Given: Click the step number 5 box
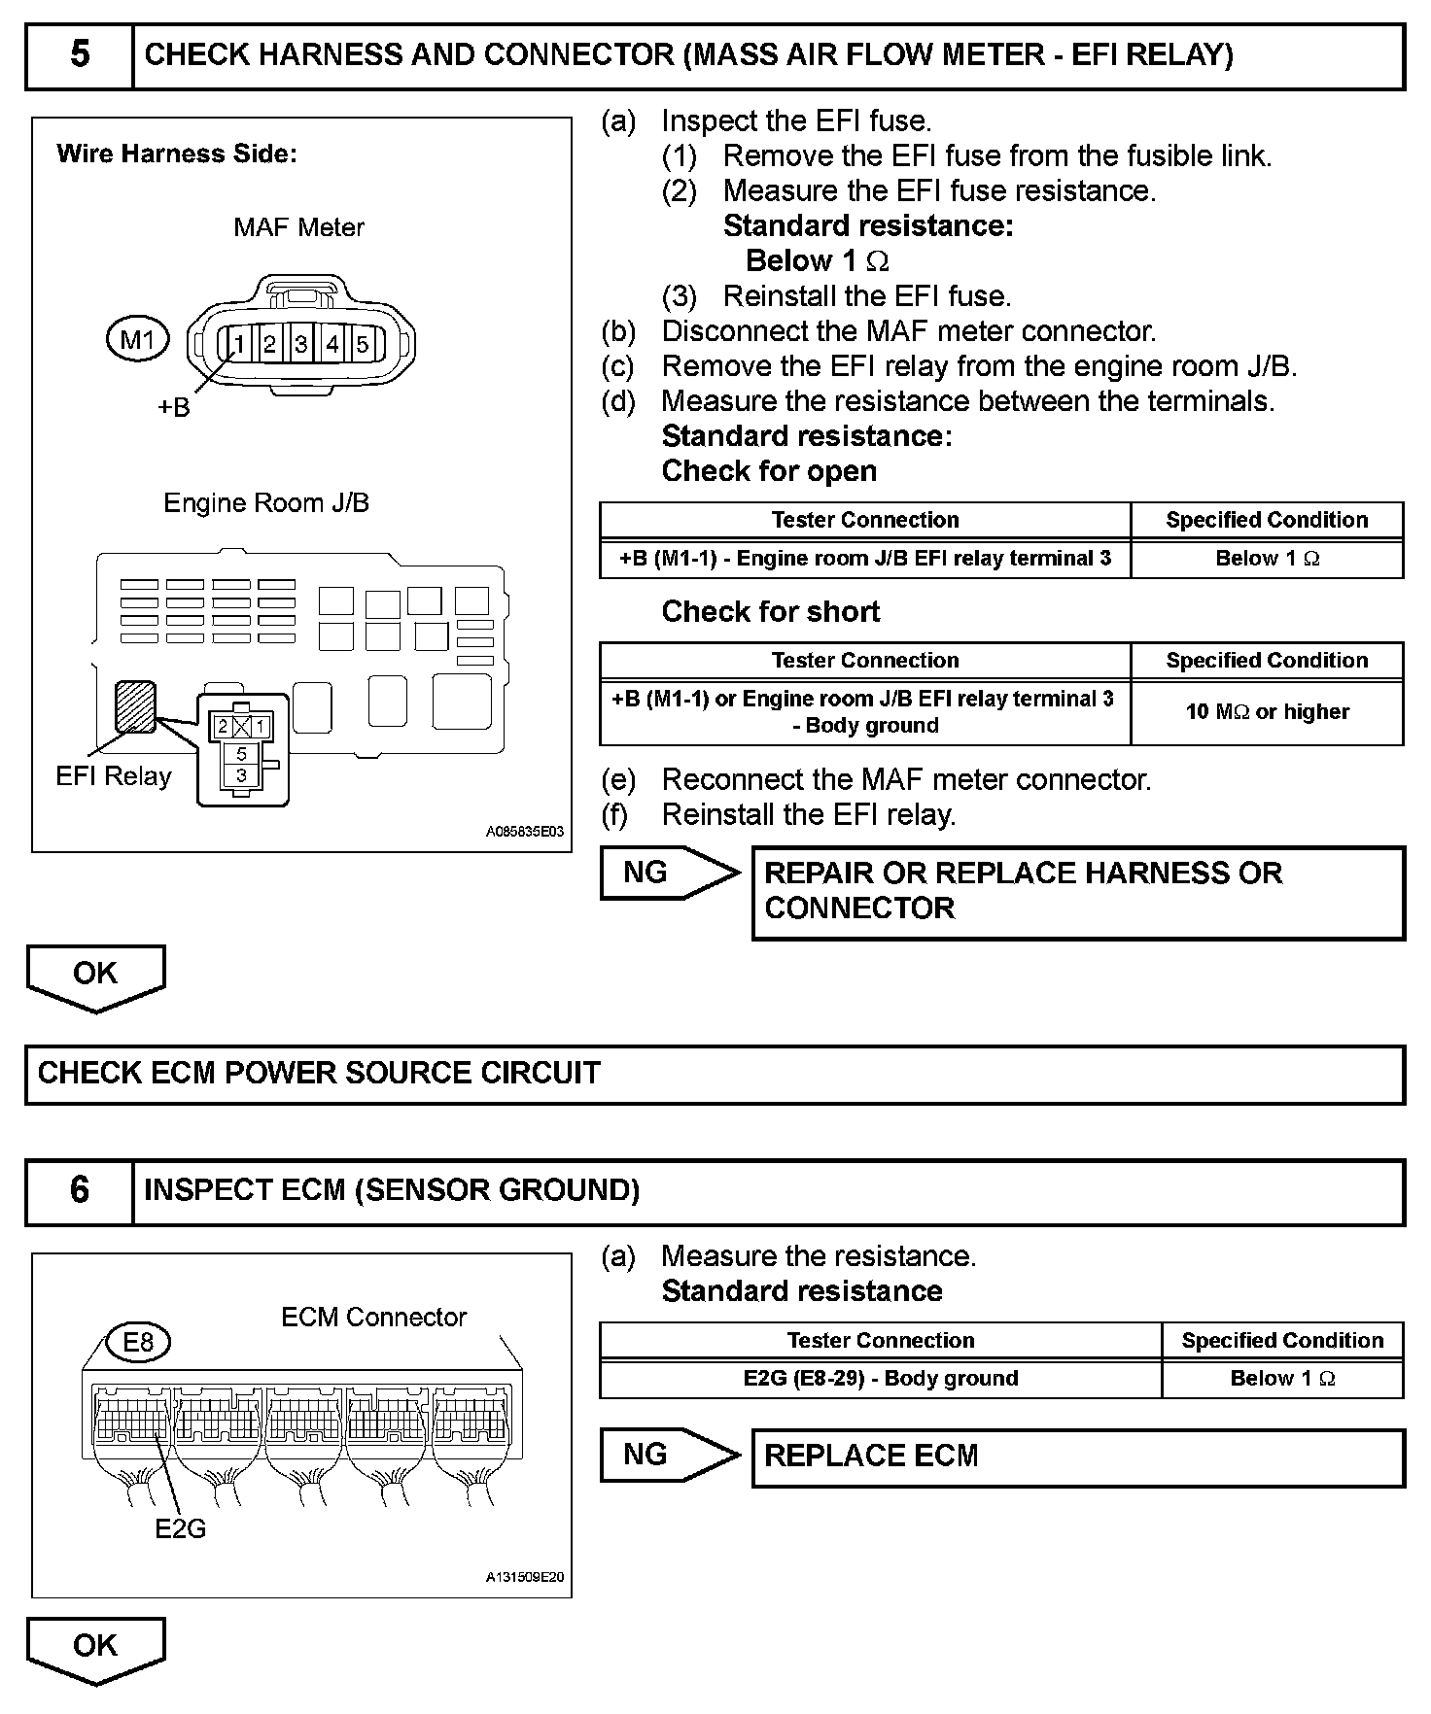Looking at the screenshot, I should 80,56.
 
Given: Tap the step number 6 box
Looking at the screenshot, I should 80,1191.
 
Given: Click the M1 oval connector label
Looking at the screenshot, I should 137,340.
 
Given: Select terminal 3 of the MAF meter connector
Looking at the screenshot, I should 301,344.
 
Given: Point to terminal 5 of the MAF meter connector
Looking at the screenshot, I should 363,344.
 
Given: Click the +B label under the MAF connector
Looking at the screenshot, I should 174,408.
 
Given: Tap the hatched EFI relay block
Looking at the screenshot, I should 135,705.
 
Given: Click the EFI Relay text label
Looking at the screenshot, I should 114,776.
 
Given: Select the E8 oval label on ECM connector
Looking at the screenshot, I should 138,1342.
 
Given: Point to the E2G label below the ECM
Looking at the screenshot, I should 181,1528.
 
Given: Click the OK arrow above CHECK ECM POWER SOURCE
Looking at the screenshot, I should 95,975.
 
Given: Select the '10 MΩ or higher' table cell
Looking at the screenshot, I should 1267,712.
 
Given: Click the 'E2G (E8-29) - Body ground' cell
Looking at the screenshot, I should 880,1379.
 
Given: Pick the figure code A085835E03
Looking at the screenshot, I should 524,832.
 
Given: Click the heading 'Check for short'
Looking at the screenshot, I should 770,612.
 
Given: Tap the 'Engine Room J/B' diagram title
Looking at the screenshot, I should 266,503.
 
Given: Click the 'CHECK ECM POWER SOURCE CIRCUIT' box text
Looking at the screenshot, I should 319,1074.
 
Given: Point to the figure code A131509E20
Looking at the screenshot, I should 524,1577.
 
